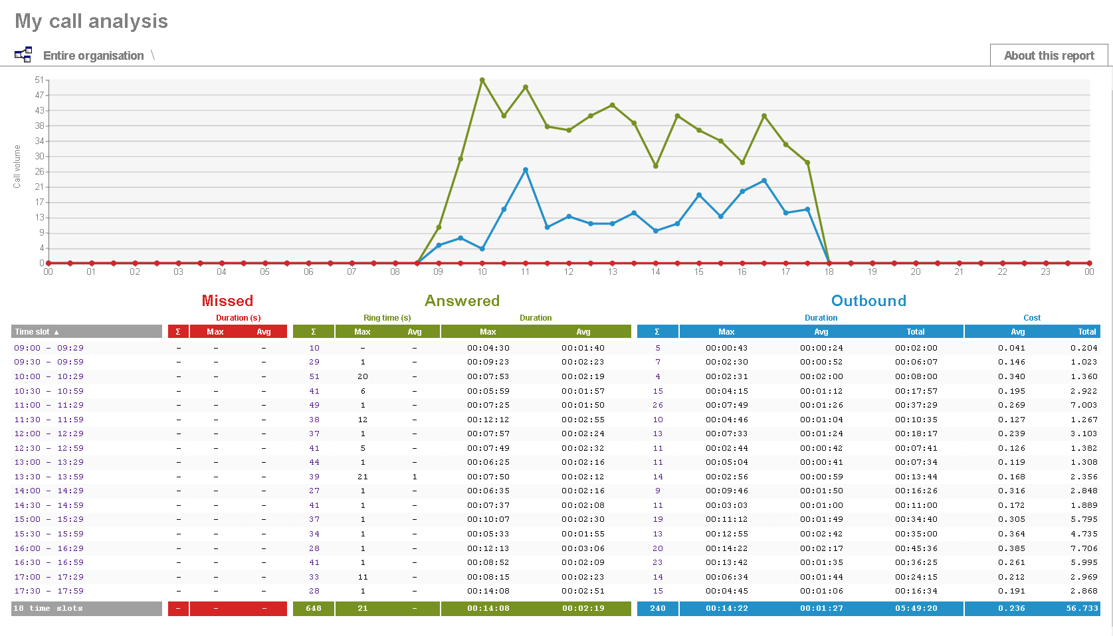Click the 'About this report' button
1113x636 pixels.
[x=1049, y=56]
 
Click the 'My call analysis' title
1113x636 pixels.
[x=92, y=21]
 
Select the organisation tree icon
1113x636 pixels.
[x=23, y=55]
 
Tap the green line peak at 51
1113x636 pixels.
[x=482, y=80]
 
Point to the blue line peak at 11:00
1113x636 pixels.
[x=526, y=170]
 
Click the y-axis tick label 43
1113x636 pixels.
[x=40, y=110]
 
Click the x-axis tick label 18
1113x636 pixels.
[x=829, y=272]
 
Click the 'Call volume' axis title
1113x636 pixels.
[x=17, y=167]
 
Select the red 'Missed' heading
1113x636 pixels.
[x=227, y=301]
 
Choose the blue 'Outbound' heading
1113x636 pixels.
[x=868, y=301]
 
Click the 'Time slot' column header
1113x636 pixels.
[x=37, y=332]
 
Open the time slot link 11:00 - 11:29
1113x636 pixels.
[x=49, y=405]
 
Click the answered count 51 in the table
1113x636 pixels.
[x=314, y=376]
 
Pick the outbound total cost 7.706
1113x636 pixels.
[x=1083, y=548]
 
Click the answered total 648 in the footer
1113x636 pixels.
[x=314, y=608]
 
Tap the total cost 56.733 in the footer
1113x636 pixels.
[x=1082, y=608]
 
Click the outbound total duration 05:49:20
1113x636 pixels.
[x=916, y=608]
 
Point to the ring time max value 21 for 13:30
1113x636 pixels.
[x=363, y=477]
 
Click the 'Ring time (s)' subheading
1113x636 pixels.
[x=387, y=318]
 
